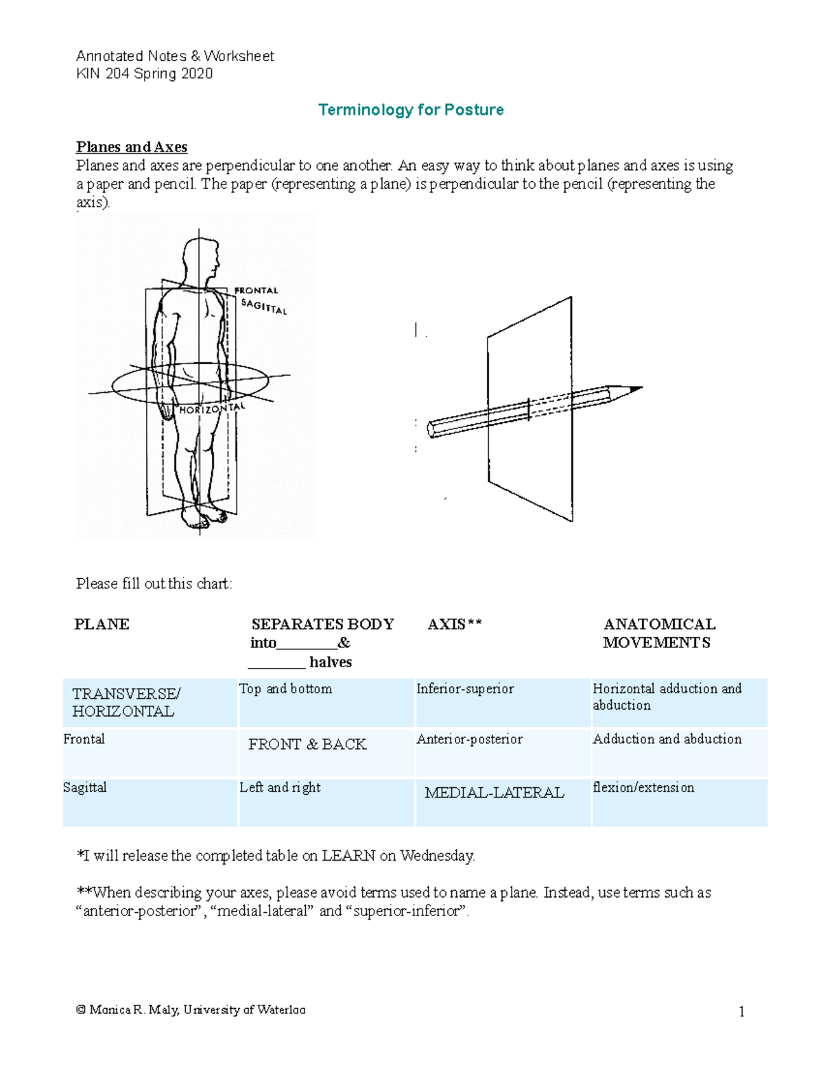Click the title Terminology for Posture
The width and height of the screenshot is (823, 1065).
(411, 110)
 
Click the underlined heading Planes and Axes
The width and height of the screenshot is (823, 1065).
(132, 147)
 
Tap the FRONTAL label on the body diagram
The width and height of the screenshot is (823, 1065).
(257, 290)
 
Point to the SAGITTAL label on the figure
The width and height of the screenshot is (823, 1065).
(264, 307)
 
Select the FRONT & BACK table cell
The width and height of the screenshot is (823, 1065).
(307, 744)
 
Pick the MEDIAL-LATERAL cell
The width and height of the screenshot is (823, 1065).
(494, 793)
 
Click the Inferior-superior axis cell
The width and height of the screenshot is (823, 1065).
(465, 689)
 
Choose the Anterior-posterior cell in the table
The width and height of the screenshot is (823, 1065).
(469, 739)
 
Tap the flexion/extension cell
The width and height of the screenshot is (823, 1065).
(643, 787)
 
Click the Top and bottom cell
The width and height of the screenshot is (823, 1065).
(285, 689)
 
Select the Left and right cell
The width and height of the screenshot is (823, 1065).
(280, 787)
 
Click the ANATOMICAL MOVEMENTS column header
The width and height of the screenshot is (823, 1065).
(658, 633)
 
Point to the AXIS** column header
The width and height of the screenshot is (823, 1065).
(455, 624)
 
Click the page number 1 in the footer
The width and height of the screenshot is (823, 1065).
(741, 1012)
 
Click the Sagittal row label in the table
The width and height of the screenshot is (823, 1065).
(85, 787)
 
